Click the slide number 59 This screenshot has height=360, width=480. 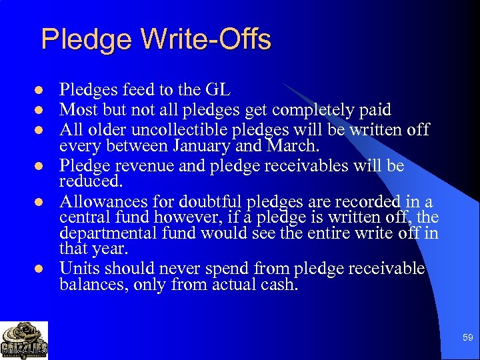467,338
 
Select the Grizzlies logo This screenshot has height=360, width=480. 24,341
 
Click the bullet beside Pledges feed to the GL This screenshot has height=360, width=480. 39,90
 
